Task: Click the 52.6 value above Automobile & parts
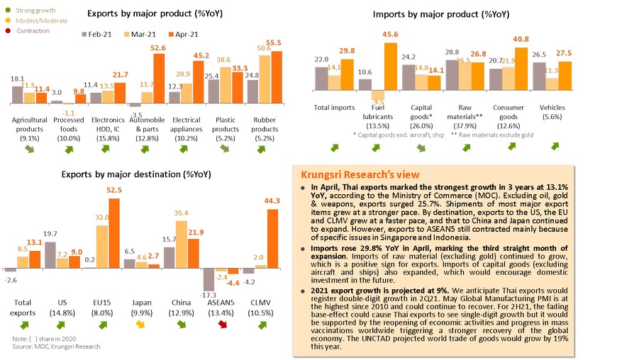click(x=157, y=48)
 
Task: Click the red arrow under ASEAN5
click(x=223, y=325)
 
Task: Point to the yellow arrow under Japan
click(x=140, y=325)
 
